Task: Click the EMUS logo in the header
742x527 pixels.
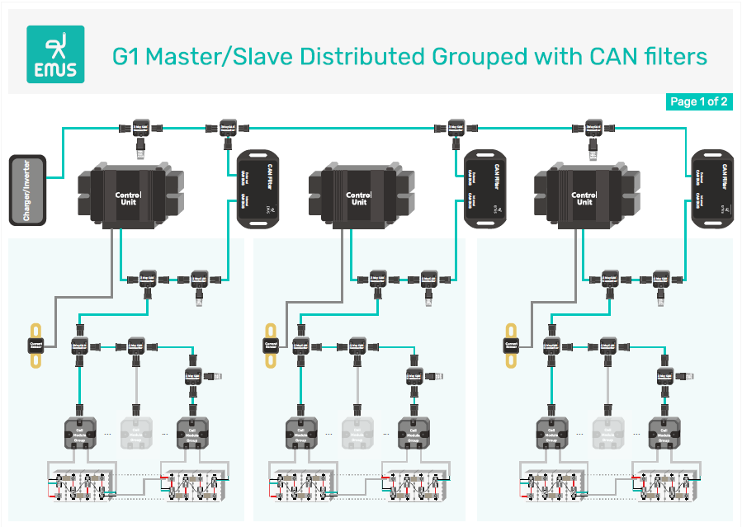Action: coord(56,53)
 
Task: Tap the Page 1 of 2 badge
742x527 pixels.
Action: coord(698,102)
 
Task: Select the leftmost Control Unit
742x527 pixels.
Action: coord(128,199)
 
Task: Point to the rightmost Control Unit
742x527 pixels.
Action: coord(584,199)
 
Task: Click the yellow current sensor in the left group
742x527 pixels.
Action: coord(36,346)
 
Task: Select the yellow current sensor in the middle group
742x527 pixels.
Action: coord(271,346)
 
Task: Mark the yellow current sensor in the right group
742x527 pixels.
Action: coord(511,346)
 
